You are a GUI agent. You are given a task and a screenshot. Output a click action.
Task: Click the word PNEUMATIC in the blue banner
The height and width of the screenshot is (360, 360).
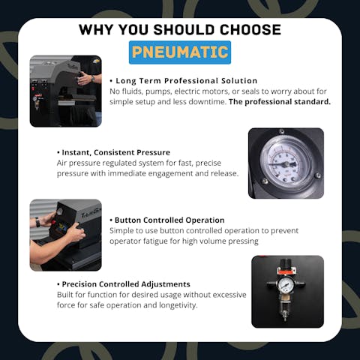click(x=180, y=52)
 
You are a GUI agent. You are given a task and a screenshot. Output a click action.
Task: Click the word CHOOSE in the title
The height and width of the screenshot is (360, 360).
click(x=250, y=29)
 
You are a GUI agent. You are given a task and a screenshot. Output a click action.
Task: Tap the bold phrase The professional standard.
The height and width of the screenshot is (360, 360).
click(x=280, y=102)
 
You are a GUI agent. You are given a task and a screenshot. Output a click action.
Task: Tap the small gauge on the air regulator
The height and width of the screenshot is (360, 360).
click(x=286, y=284)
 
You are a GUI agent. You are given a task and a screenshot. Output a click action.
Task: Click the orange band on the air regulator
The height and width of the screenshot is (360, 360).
click(x=286, y=271)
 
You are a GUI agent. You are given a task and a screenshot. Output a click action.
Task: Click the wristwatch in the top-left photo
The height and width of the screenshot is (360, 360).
click(x=93, y=79)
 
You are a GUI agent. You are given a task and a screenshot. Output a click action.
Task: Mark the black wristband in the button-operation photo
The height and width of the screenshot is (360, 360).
click(x=37, y=222)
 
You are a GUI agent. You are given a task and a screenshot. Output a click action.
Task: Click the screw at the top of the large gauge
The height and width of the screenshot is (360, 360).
click(x=281, y=131)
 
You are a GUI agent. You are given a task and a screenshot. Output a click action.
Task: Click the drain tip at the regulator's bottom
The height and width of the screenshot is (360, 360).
click(x=285, y=319)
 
